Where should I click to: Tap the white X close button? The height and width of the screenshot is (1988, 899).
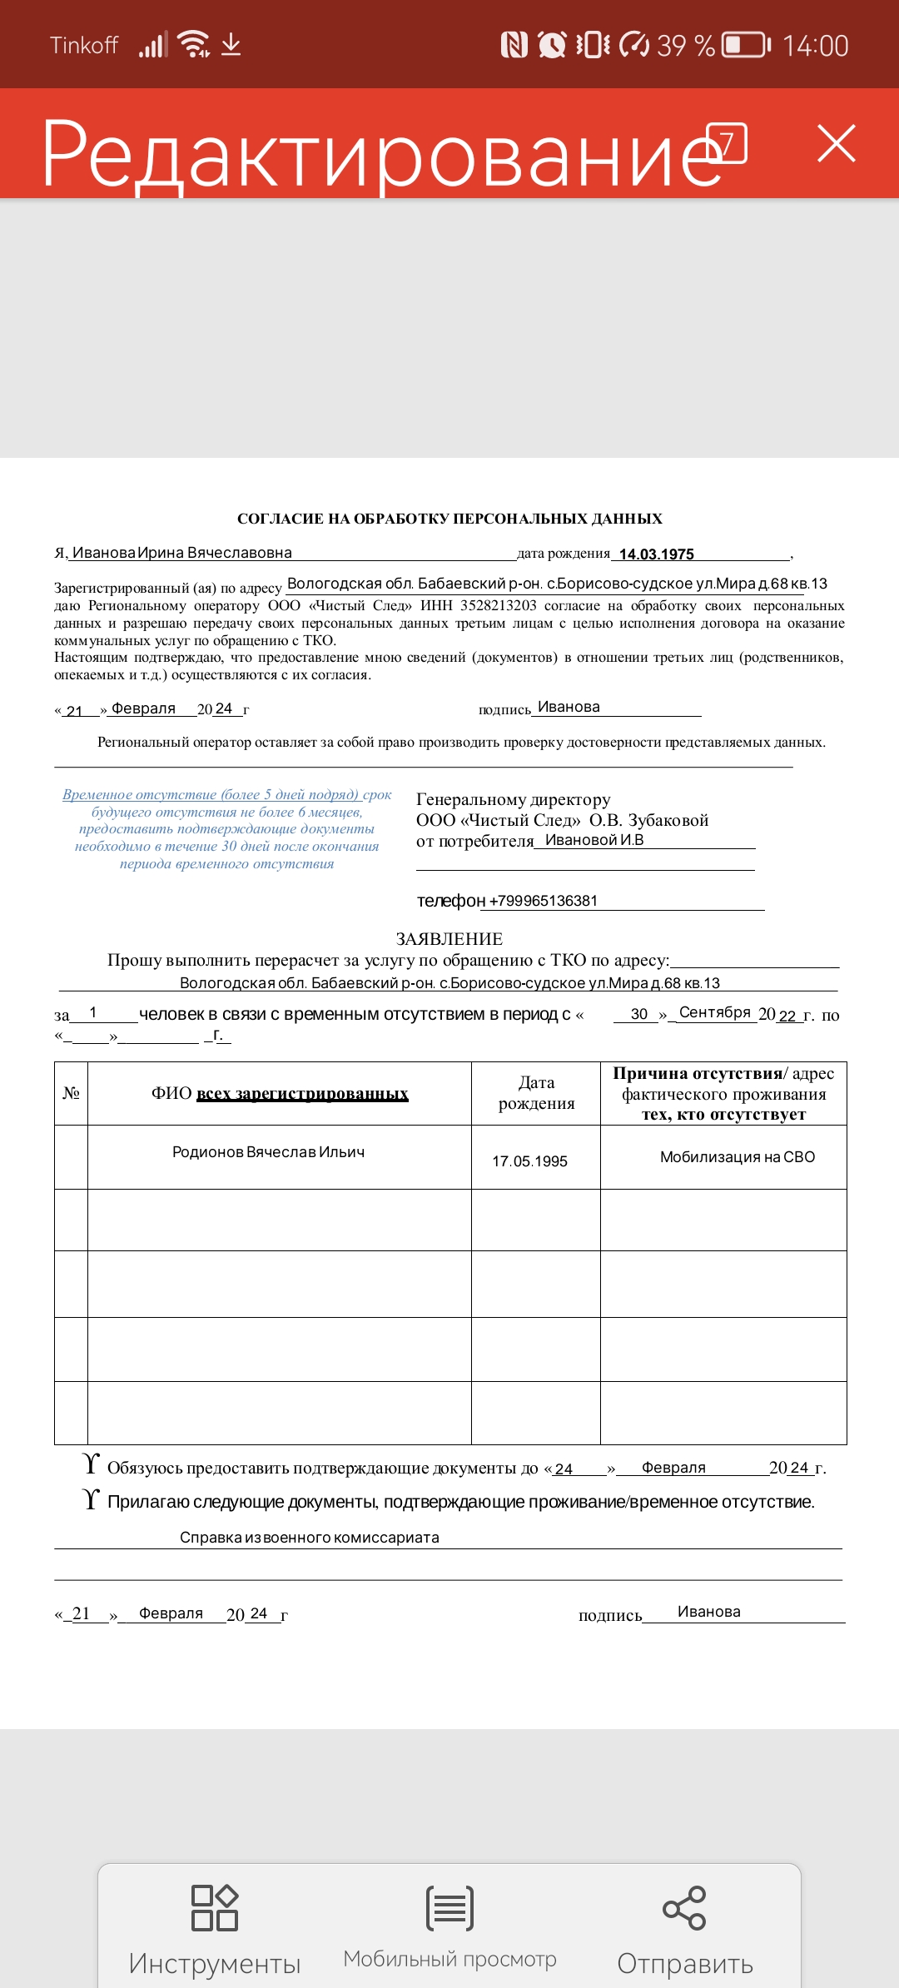click(837, 143)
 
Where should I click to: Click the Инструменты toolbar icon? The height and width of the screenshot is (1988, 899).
click(215, 1907)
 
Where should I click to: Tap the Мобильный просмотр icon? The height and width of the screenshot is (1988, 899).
click(449, 1907)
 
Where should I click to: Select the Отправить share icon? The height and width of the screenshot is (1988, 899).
click(684, 1907)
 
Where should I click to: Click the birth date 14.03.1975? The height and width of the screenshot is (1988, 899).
click(656, 554)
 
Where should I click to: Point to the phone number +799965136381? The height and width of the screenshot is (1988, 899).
click(544, 901)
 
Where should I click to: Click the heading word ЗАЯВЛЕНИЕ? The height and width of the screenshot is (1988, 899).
click(449, 939)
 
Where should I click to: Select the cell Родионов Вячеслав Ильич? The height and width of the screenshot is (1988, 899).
click(268, 1152)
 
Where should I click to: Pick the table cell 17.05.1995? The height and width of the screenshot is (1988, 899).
click(529, 1161)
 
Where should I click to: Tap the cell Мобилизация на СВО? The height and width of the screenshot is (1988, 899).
click(737, 1157)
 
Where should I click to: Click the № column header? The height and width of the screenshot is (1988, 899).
click(71, 1093)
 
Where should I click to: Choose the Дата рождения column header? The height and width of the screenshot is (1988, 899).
click(536, 1093)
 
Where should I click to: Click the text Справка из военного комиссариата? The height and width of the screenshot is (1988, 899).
click(310, 1538)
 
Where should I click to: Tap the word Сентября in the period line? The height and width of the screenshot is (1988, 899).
click(714, 1012)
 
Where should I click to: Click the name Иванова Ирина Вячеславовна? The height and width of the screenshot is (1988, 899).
click(181, 553)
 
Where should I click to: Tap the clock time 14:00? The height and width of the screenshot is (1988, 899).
click(815, 46)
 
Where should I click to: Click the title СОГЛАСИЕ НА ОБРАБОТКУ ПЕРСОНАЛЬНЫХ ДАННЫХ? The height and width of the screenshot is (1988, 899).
click(449, 519)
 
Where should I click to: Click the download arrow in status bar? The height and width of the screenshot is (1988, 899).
click(231, 44)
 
